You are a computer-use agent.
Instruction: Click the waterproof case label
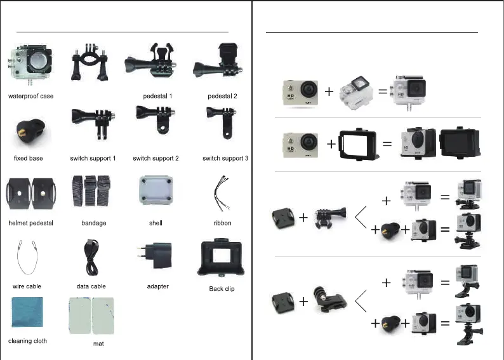click(x=30, y=97)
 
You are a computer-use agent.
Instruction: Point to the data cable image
click(x=91, y=257)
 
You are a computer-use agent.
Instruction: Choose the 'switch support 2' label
click(x=156, y=158)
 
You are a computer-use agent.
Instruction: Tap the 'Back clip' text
click(x=222, y=289)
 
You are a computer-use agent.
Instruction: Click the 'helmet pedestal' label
click(x=30, y=223)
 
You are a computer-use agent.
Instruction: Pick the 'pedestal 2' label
click(x=222, y=96)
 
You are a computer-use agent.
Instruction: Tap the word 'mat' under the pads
click(x=98, y=343)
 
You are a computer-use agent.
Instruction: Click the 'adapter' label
click(x=157, y=286)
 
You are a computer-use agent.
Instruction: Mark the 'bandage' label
click(x=94, y=223)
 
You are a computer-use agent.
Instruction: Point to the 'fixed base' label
click(x=28, y=158)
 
